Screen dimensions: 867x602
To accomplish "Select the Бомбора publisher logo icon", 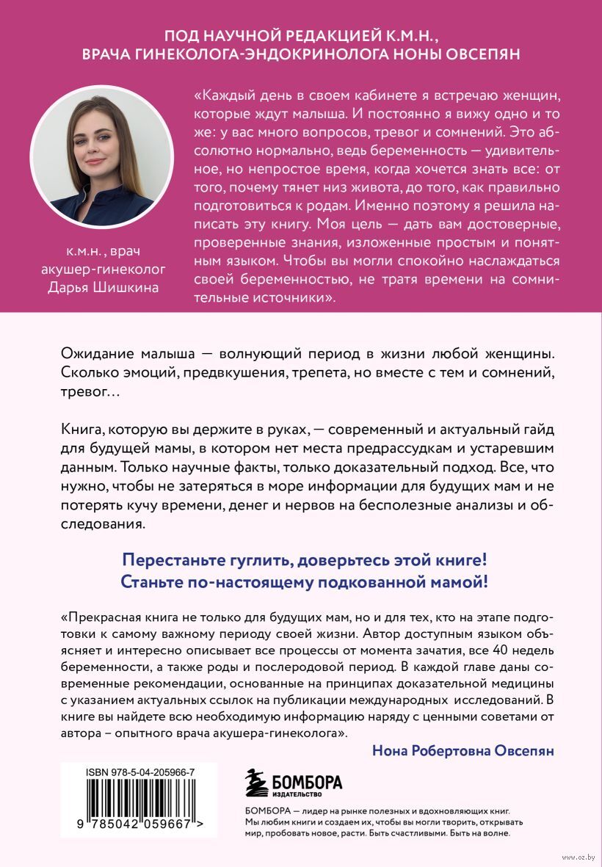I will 256,783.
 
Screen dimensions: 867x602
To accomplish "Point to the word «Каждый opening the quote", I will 223,95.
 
